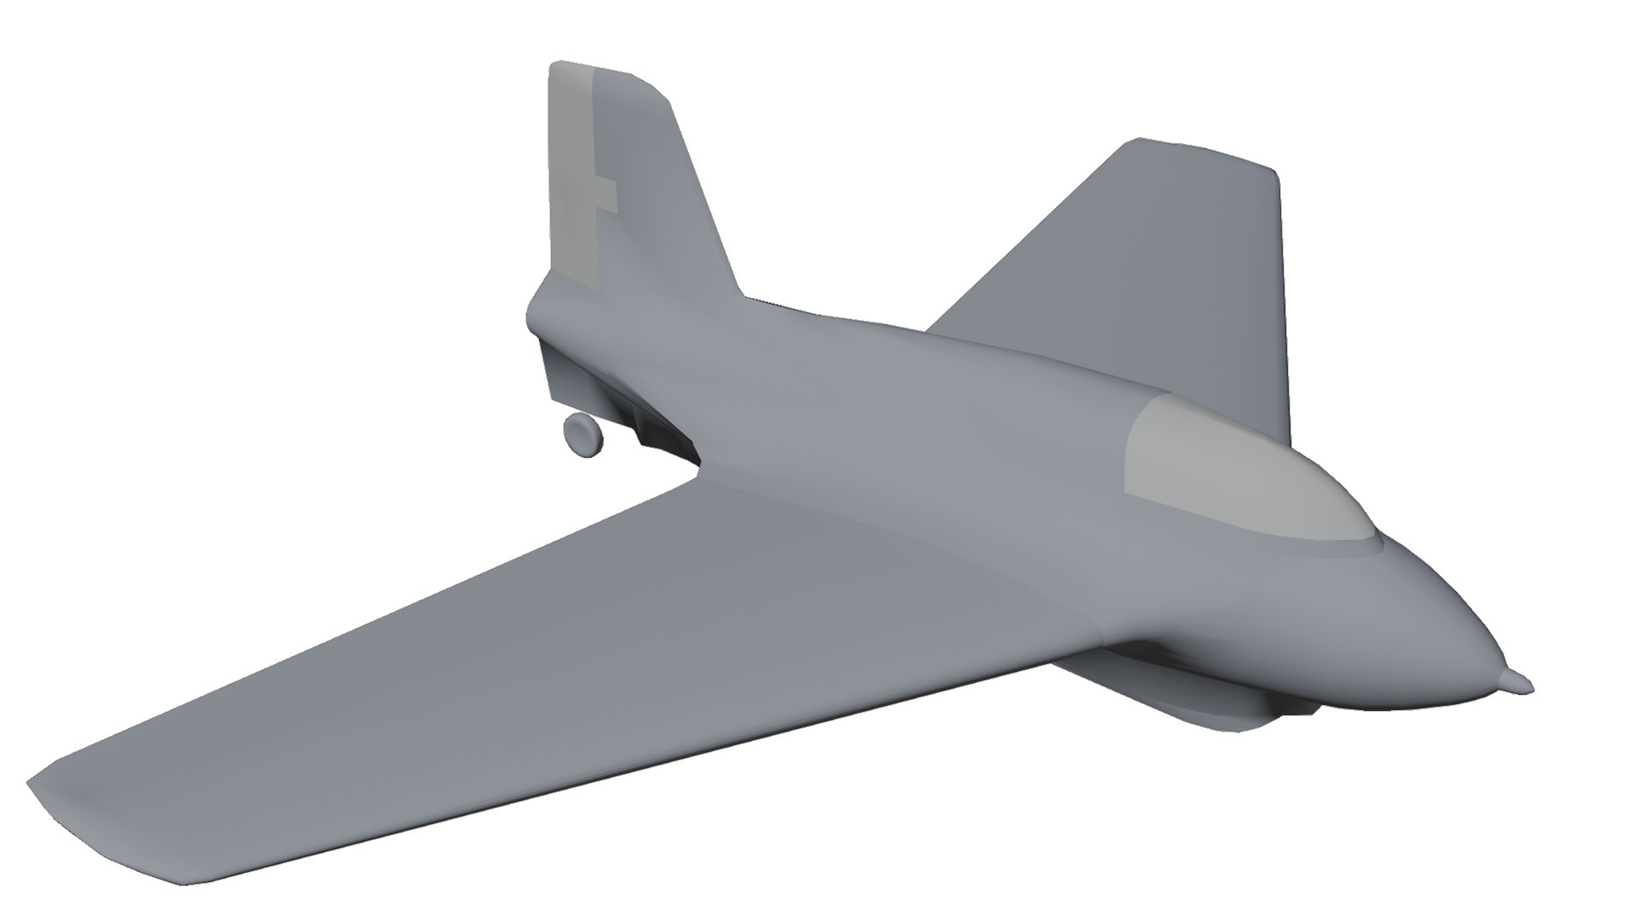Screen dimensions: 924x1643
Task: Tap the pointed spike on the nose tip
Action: tap(1517, 681)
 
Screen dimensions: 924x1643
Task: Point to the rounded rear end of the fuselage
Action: tap(536, 308)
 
